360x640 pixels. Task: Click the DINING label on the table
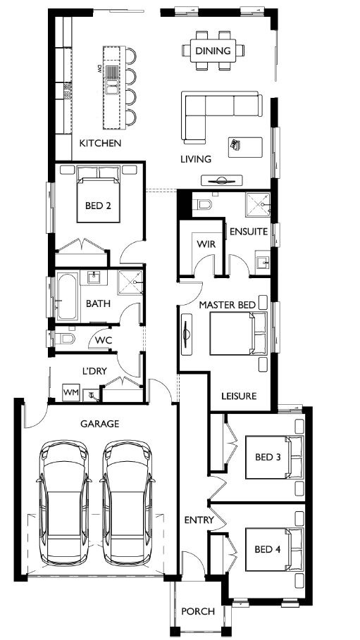[x=213, y=51]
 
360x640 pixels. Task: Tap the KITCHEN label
[x=100, y=143]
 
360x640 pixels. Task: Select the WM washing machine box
[x=70, y=393]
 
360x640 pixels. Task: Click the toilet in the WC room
[x=64, y=339]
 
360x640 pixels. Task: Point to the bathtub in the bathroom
[x=67, y=296]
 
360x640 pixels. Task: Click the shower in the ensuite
[x=257, y=204]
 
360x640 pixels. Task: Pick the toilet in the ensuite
[x=202, y=203]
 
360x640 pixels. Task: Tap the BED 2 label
[x=98, y=206]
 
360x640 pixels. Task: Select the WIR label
[x=206, y=244]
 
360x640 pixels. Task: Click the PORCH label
[x=198, y=611]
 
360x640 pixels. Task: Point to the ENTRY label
[x=199, y=520]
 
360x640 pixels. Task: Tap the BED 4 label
[x=268, y=550]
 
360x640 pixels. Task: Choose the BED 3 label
[x=268, y=457]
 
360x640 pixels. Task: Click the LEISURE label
[x=239, y=396]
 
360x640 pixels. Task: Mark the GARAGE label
[x=100, y=424]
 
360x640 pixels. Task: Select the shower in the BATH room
[x=130, y=282]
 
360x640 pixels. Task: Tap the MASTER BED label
[x=227, y=305]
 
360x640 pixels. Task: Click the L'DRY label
[x=95, y=371]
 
